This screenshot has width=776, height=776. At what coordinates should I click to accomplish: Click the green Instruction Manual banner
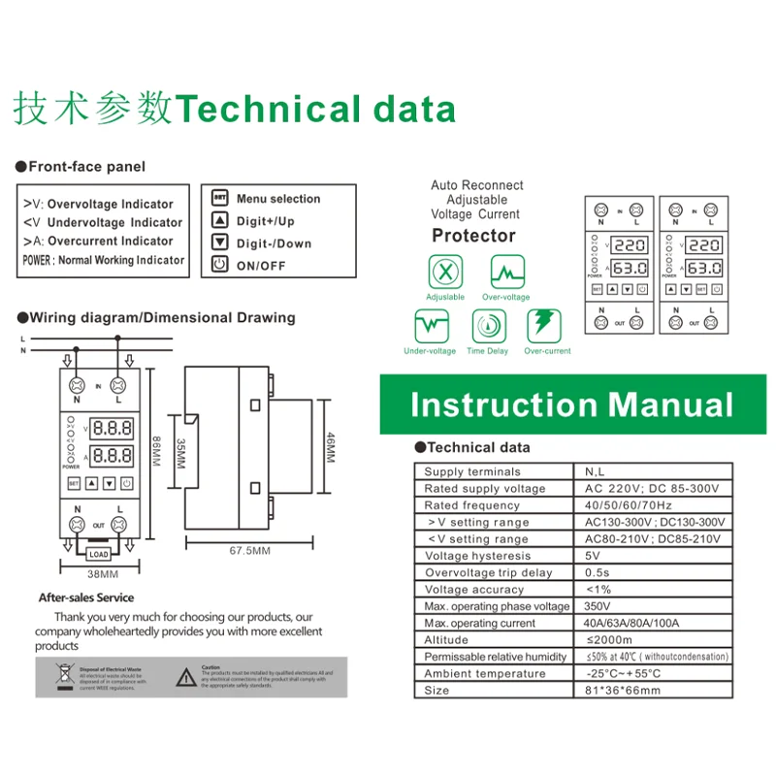572,404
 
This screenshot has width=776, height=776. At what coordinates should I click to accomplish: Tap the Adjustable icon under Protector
445,272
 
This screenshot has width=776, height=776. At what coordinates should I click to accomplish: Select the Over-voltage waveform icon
505,272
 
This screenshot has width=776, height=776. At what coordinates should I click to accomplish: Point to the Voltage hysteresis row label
478,556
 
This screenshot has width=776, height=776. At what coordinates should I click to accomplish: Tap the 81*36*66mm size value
623,691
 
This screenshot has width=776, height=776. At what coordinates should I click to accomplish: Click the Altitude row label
446,640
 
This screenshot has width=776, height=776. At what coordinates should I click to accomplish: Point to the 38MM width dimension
96,573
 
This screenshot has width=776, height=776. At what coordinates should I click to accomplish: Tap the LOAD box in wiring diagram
98,554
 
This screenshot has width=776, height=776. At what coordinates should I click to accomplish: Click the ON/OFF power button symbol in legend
220,265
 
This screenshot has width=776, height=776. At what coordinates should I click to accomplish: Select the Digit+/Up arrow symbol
220,221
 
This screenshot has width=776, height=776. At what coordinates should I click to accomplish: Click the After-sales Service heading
86,598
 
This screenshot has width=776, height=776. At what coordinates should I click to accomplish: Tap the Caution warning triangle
184,677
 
